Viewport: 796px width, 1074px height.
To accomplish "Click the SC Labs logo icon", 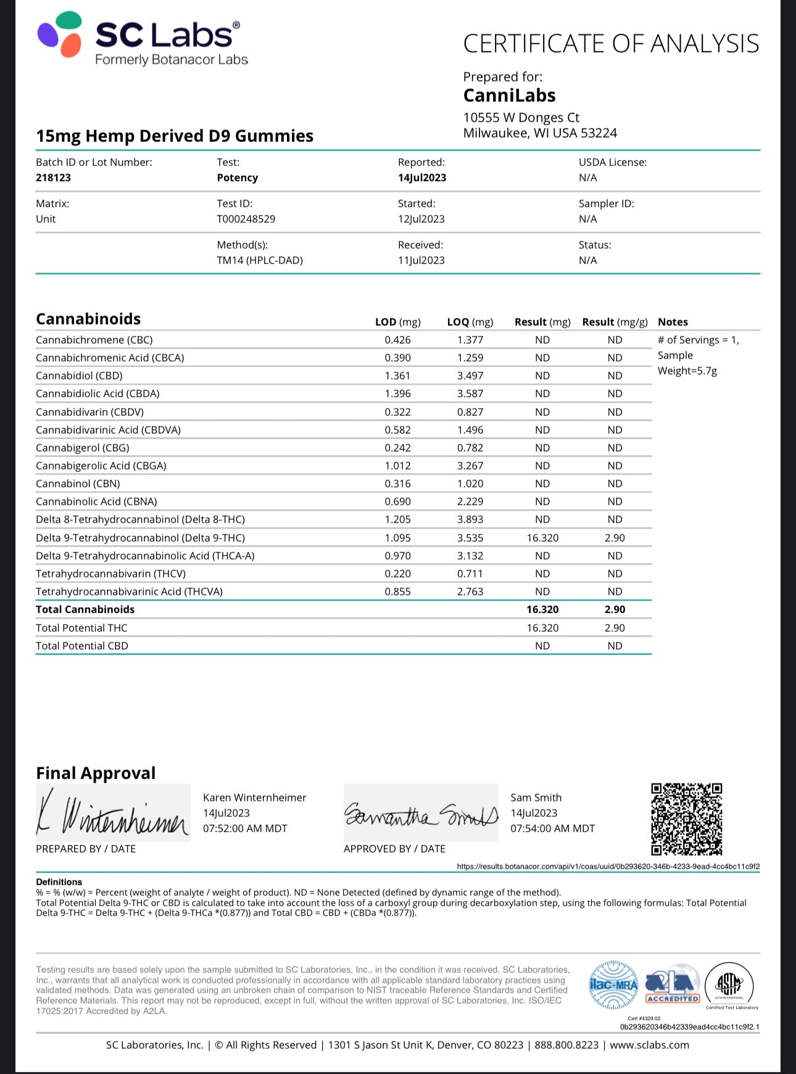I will pyautogui.click(x=59, y=35).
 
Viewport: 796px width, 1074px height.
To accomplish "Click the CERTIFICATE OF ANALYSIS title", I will pyautogui.click(x=611, y=44).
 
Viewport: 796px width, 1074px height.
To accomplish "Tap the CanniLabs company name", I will pyautogui.click(x=509, y=96).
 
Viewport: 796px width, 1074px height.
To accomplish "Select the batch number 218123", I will pyautogui.click(x=53, y=178).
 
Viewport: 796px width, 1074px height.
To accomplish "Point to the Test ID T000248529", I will pyautogui.click(x=246, y=219).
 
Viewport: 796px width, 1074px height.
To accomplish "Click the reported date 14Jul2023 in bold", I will pyautogui.click(x=421, y=178).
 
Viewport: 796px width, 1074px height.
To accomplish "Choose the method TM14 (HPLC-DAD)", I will pyautogui.click(x=259, y=260).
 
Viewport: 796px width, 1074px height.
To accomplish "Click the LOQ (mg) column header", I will pyautogui.click(x=470, y=322).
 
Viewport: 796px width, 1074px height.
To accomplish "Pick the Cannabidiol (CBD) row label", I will pyautogui.click(x=79, y=376).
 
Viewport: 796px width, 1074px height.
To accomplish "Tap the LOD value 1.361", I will pyautogui.click(x=397, y=376).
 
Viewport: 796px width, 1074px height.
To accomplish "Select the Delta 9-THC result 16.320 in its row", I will pyautogui.click(x=542, y=538).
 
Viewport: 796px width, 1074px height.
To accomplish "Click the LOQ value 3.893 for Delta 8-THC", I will pyautogui.click(x=470, y=519).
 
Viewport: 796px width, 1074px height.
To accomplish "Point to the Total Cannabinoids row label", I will pyautogui.click(x=85, y=609).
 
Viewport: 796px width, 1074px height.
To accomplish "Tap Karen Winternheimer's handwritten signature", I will pyautogui.click(x=112, y=813).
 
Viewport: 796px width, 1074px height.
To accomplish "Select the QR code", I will pyautogui.click(x=686, y=819).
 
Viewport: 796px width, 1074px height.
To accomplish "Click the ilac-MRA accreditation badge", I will pyautogui.click(x=613, y=985).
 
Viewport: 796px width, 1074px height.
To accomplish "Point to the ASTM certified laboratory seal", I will pyautogui.click(x=731, y=985).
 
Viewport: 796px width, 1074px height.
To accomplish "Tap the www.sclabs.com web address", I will pyautogui.click(x=649, y=1045).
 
